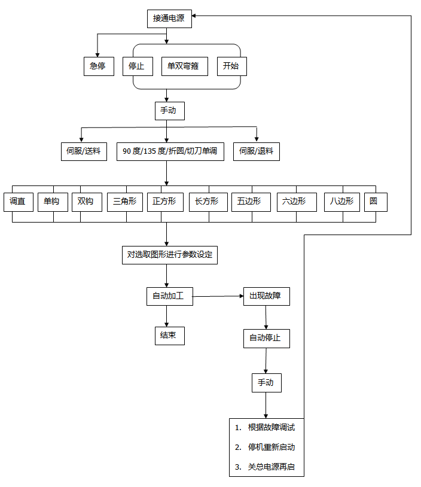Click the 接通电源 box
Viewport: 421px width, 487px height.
[169, 19]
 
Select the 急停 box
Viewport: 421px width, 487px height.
[97, 66]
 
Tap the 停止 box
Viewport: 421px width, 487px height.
[136, 66]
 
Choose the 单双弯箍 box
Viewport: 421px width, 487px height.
[184, 66]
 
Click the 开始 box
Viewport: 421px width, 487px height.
[231, 66]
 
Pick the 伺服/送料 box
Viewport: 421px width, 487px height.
[84, 151]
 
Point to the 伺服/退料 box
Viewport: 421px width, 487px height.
[256, 151]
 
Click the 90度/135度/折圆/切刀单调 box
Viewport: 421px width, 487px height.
[170, 151]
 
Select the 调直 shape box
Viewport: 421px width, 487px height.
[18, 202]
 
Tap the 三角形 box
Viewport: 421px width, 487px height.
[125, 202]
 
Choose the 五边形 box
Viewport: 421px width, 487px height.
[249, 202]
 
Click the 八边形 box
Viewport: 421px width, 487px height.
[342, 202]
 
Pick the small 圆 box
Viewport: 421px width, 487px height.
[375, 202]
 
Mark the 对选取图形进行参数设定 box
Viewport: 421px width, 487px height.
[169, 255]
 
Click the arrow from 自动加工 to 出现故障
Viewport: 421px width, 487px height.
[218, 296]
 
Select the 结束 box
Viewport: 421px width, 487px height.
[169, 336]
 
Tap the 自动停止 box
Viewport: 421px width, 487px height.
[266, 338]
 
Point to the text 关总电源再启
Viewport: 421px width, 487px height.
[271, 467]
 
